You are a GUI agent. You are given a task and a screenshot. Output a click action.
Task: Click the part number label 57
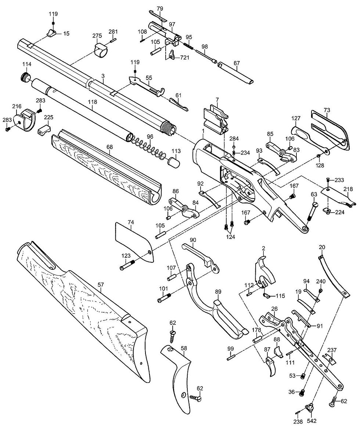[101, 285]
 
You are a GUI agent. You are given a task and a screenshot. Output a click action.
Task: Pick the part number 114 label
[27, 64]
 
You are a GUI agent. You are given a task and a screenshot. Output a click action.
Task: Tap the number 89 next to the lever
[218, 292]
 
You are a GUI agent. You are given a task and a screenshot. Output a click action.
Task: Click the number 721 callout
[184, 58]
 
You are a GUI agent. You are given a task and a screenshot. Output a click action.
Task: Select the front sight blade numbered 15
[51, 32]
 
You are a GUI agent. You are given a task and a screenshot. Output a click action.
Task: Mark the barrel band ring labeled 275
[101, 50]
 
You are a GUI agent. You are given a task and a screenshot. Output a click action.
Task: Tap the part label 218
[349, 189]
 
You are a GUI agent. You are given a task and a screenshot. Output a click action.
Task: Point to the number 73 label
[327, 110]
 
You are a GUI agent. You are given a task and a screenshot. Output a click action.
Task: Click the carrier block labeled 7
[216, 120]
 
